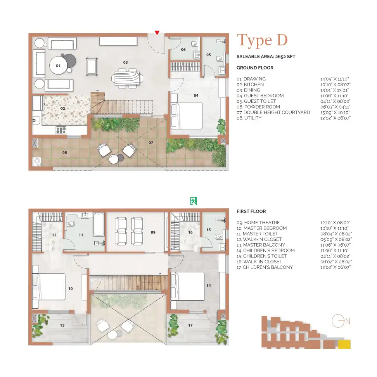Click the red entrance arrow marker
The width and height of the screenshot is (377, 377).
157,33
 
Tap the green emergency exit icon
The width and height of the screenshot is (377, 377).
193,201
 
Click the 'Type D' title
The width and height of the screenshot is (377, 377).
262,40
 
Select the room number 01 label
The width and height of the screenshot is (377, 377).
58,66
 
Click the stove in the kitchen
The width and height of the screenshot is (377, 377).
61,130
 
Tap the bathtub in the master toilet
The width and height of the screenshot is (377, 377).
99,225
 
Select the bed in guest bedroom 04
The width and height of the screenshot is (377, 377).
187,116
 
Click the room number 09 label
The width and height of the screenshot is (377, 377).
153,232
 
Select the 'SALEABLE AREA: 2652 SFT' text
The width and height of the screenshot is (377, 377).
266,57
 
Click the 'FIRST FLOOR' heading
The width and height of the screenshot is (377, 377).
251,211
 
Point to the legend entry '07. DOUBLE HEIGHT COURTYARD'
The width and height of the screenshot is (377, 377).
273,112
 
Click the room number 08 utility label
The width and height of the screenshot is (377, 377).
65,152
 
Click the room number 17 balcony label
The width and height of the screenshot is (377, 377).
190,325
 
